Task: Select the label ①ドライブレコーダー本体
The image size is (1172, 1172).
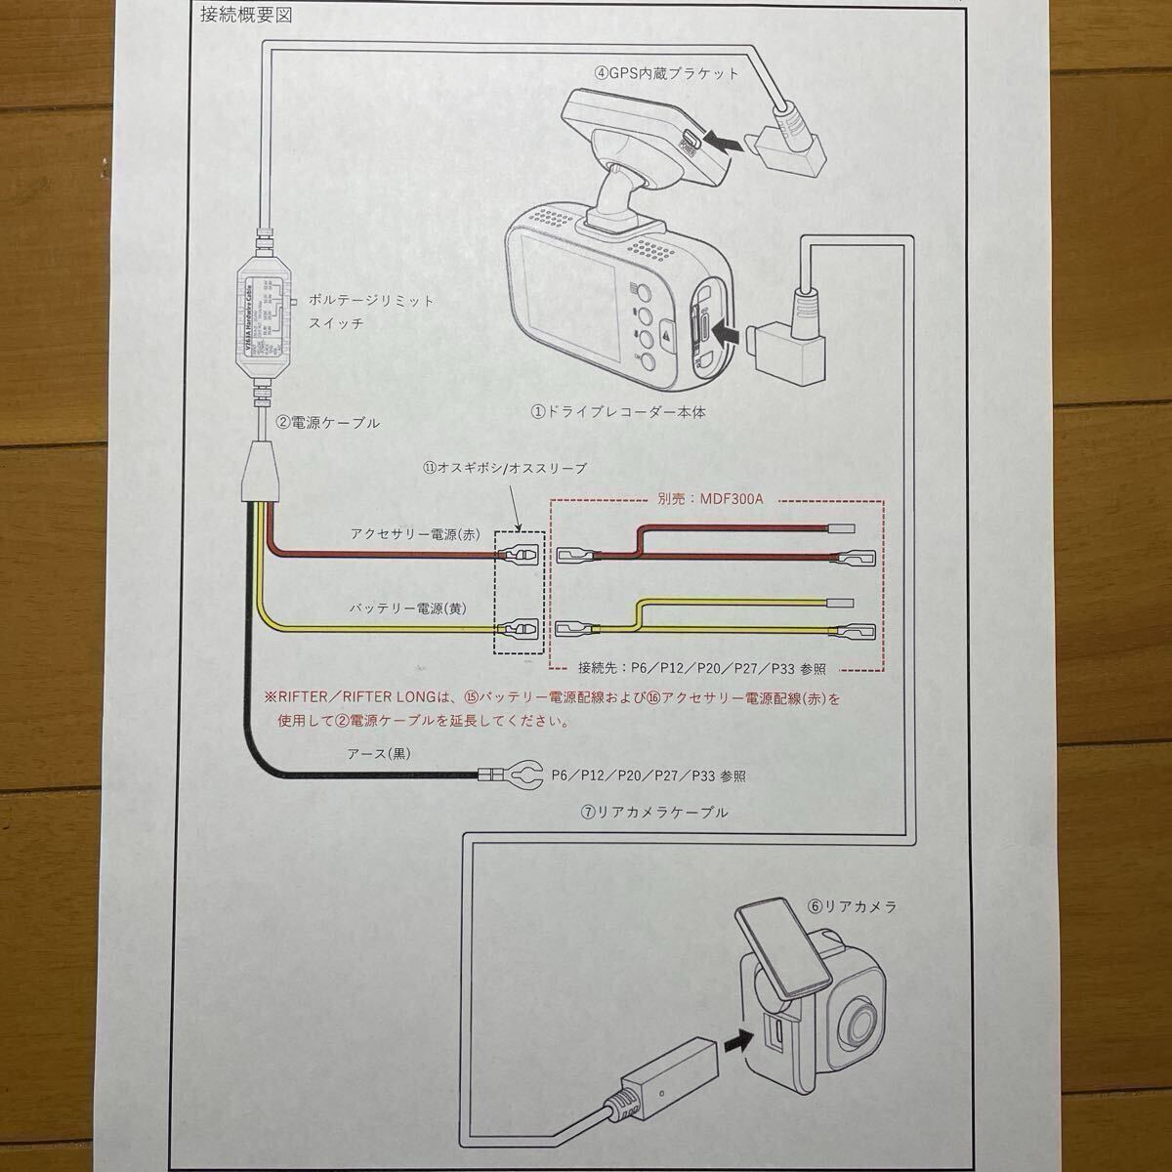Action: click(617, 412)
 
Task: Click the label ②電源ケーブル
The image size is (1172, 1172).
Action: click(326, 424)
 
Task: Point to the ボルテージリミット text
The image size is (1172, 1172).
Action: click(370, 301)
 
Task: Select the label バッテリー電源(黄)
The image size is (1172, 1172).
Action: click(408, 607)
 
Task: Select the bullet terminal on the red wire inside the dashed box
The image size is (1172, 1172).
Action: click(517, 556)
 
